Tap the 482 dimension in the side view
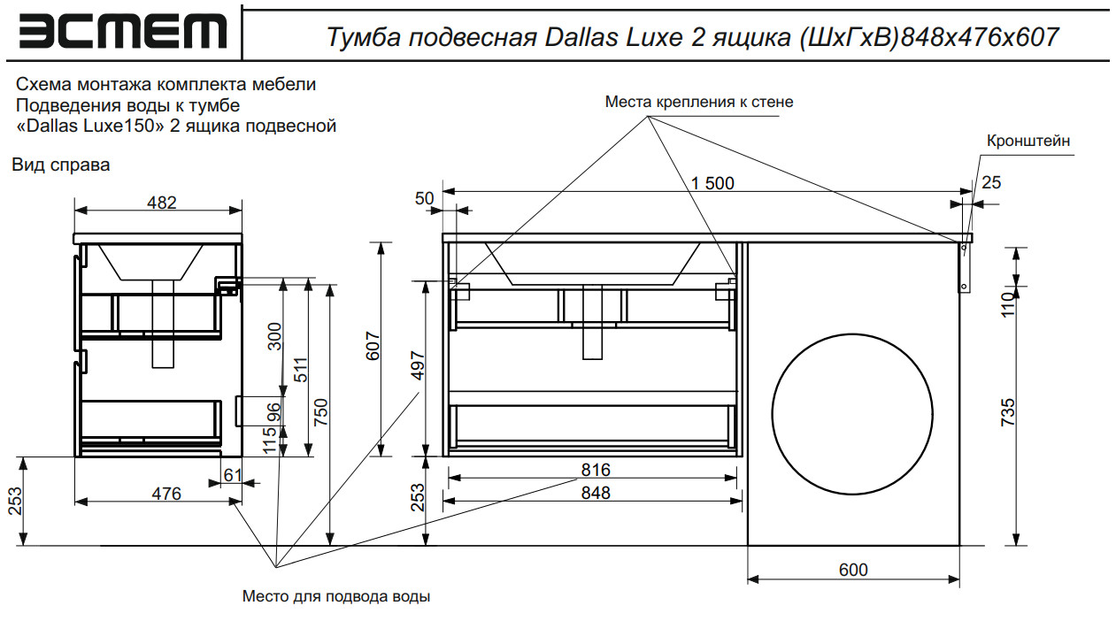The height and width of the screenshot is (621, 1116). click(162, 202)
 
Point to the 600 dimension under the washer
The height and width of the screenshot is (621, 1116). click(853, 571)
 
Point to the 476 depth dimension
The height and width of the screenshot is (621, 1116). click(166, 494)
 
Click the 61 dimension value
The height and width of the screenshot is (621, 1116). click(232, 475)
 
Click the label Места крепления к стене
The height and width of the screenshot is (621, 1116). click(699, 102)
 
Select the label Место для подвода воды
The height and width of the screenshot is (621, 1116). click(336, 596)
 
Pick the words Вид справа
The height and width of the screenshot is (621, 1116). click(61, 165)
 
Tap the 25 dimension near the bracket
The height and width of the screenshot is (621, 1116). click(992, 182)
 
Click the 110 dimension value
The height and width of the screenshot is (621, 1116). click(1006, 305)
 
